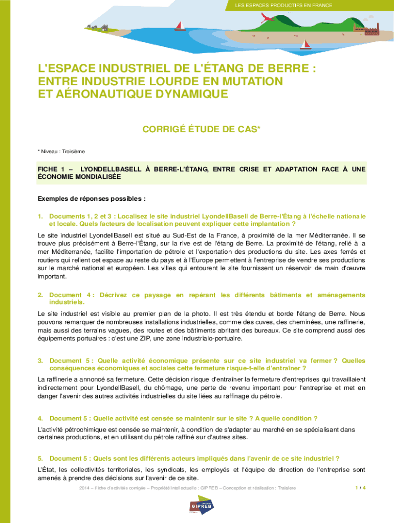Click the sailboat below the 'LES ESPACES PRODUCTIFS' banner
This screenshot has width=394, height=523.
coord(180,25)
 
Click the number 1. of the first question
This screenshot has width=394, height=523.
coord(40,217)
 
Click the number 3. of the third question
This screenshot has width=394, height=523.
coord(40,361)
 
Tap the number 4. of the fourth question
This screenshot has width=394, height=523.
coord(40,419)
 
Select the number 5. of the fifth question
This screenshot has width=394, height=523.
coord(40,458)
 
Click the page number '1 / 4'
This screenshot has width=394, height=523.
coord(360,488)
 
